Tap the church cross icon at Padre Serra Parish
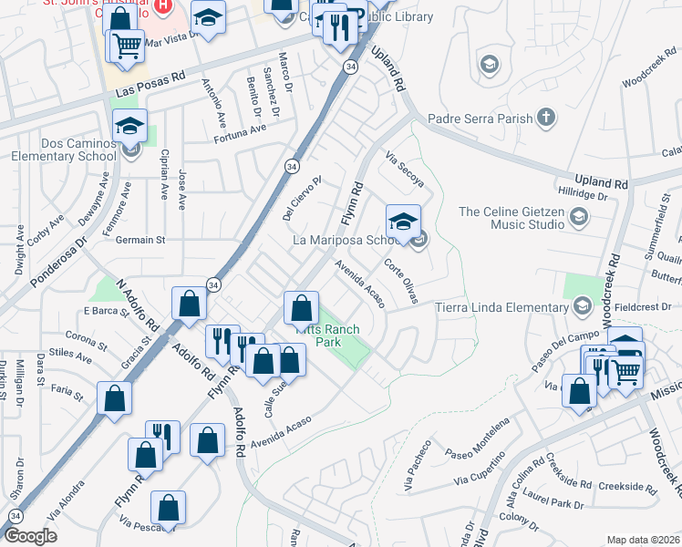coord(545,118)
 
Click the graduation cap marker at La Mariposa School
coord(402,222)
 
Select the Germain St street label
coord(139,240)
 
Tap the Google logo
coord(31,536)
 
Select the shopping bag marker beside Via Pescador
coord(169,507)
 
